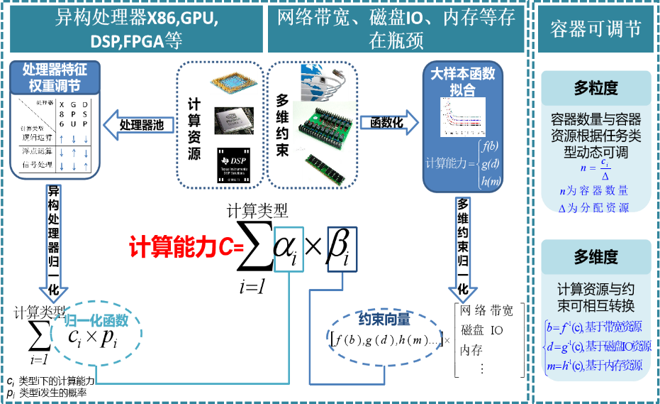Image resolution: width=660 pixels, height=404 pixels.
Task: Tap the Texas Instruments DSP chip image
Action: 233,166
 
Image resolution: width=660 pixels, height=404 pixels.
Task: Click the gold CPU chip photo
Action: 234,83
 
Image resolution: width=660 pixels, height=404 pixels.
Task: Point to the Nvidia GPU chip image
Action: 233,121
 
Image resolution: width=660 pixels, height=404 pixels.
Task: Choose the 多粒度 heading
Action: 595,88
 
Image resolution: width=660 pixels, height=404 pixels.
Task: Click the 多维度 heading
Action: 595,256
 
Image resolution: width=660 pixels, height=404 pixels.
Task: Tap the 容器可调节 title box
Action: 595,28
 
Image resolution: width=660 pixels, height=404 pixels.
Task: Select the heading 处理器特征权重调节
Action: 55,77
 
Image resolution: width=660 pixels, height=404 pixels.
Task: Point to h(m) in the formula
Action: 490,181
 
